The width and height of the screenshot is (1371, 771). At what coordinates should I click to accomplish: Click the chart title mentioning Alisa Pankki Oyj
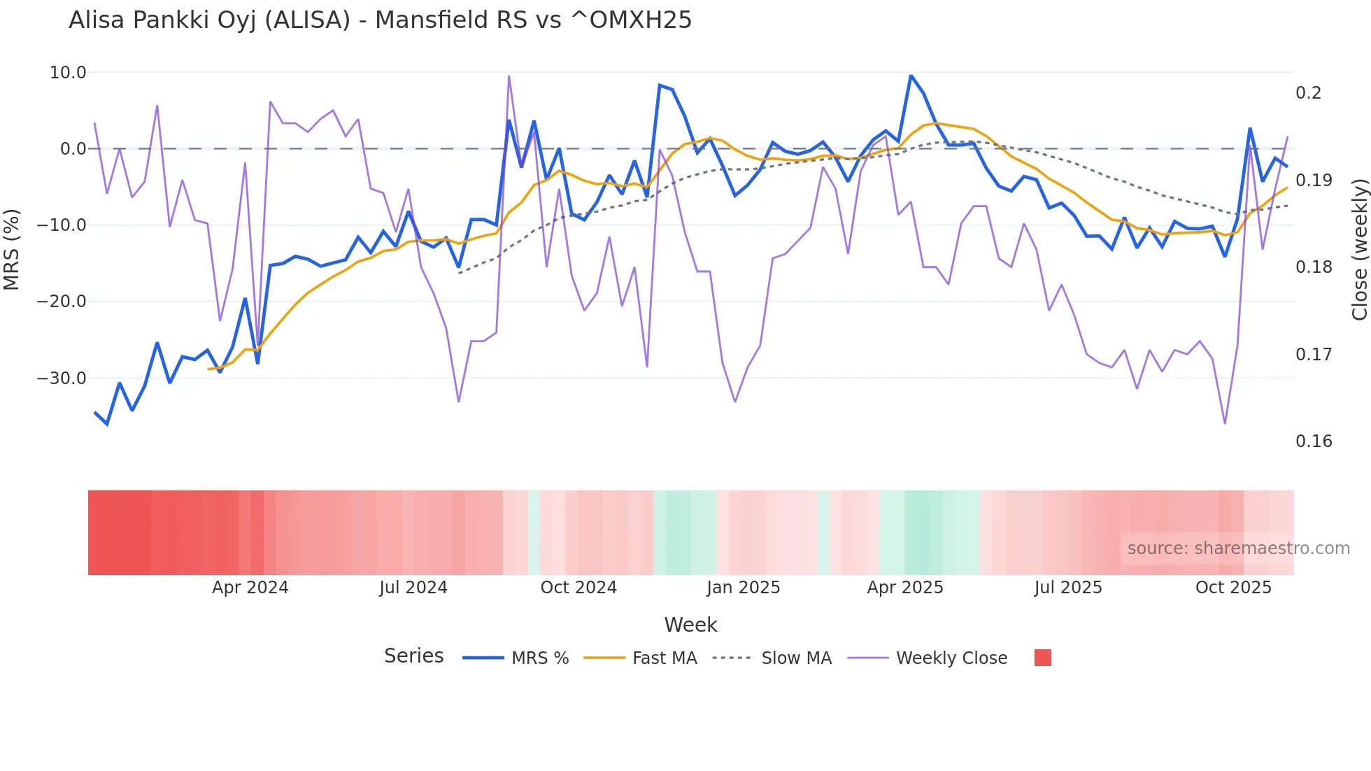(380, 20)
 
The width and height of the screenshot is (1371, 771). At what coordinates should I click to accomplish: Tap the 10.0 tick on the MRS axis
(68, 73)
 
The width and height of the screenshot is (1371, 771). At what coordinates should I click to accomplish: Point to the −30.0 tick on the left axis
(62, 379)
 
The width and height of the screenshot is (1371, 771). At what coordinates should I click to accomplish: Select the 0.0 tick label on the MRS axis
(73, 149)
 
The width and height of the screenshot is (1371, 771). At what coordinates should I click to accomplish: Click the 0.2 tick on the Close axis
(1308, 93)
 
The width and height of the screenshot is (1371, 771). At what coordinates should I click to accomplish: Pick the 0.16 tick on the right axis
(1314, 441)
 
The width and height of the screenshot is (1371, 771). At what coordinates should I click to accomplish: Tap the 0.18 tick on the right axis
(1314, 267)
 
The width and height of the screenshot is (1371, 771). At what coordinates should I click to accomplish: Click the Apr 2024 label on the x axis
(250, 588)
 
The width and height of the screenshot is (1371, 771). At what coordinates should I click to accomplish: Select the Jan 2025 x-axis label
(743, 588)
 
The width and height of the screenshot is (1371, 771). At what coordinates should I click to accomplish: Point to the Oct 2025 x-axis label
(1233, 588)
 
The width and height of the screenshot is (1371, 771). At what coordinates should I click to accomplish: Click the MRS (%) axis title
(12, 250)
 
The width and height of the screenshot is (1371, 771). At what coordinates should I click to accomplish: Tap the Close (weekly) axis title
(1359, 250)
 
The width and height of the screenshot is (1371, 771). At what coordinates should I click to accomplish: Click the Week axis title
(690, 625)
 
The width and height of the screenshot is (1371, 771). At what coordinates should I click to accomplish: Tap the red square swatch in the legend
(1042, 658)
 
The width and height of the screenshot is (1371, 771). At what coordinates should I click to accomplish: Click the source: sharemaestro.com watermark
(1238, 549)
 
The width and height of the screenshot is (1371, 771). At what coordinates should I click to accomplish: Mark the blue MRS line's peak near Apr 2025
(911, 75)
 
